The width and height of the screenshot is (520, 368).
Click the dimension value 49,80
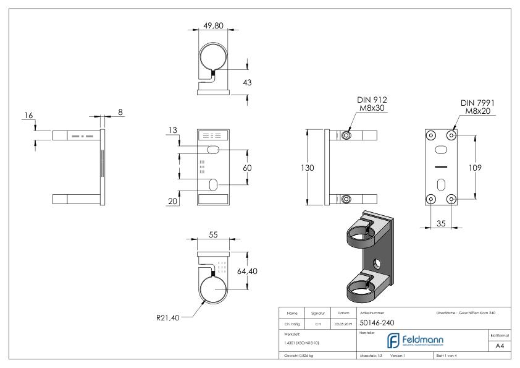click(214, 26)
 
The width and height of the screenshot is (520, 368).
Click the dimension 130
click(299, 168)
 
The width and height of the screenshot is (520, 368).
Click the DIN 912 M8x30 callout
click(373, 105)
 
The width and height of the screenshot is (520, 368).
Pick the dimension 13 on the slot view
click(173, 130)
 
